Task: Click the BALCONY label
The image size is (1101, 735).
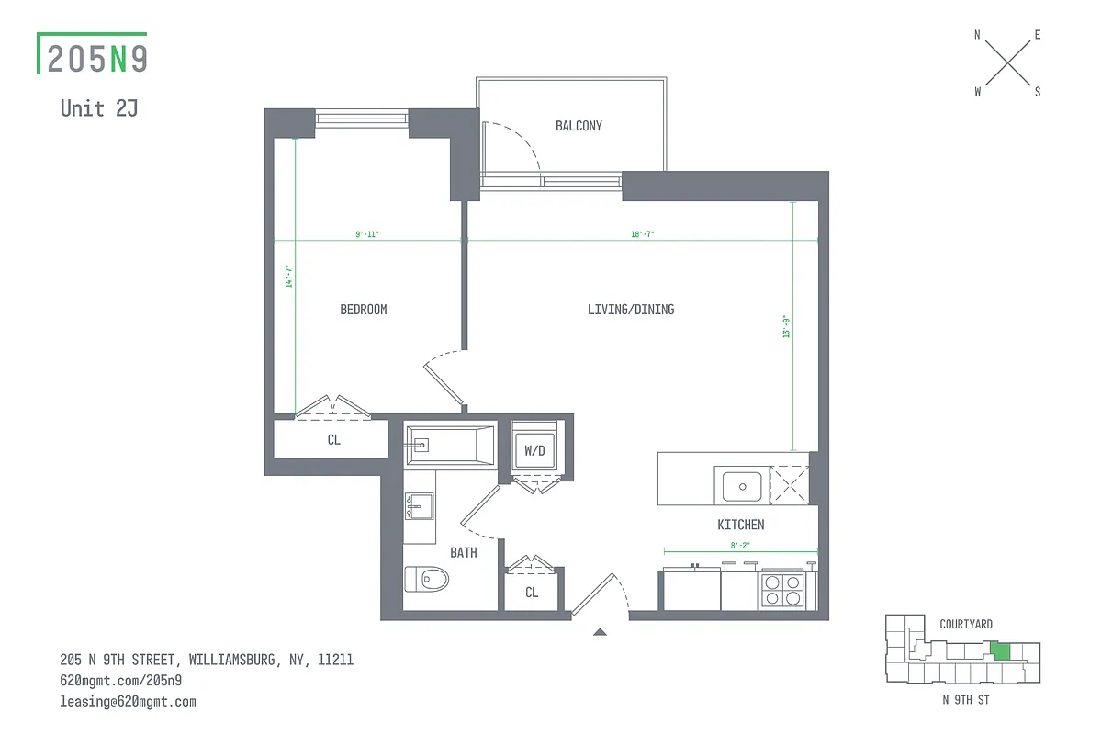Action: tap(579, 126)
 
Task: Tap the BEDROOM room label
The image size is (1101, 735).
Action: tap(364, 310)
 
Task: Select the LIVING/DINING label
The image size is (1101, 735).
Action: tap(631, 310)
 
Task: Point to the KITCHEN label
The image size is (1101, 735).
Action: tap(740, 525)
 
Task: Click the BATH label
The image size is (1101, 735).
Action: tap(464, 552)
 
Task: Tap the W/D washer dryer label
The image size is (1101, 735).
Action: tap(534, 451)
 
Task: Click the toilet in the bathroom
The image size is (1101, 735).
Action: tap(428, 580)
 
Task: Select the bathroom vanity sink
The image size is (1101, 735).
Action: tap(421, 506)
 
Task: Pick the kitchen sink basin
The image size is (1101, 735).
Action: tap(741, 483)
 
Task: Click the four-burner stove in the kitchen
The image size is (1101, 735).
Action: tap(782, 589)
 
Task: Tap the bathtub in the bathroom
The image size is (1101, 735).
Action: tap(451, 446)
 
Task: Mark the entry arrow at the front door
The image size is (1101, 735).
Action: tap(600, 631)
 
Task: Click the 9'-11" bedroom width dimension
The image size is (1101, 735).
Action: tap(367, 235)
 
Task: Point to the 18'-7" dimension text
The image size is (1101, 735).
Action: tap(642, 235)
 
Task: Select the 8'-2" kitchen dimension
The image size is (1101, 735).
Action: tap(739, 546)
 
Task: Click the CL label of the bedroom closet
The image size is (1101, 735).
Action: tap(333, 440)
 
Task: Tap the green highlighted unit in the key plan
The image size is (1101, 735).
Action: tap(1001, 651)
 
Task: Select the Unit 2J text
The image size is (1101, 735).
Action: tap(99, 107)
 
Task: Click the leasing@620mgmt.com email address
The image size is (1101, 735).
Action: tap(128, 701)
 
